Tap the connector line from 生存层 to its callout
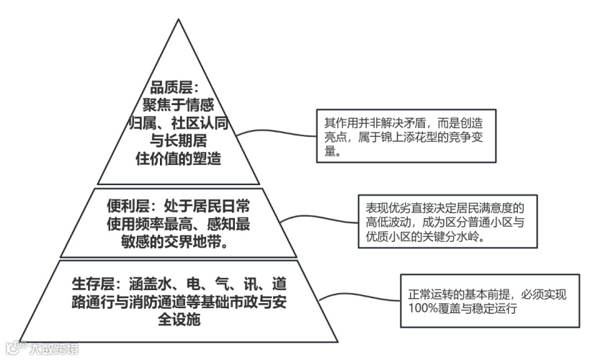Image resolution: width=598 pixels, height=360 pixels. pos(360,297)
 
